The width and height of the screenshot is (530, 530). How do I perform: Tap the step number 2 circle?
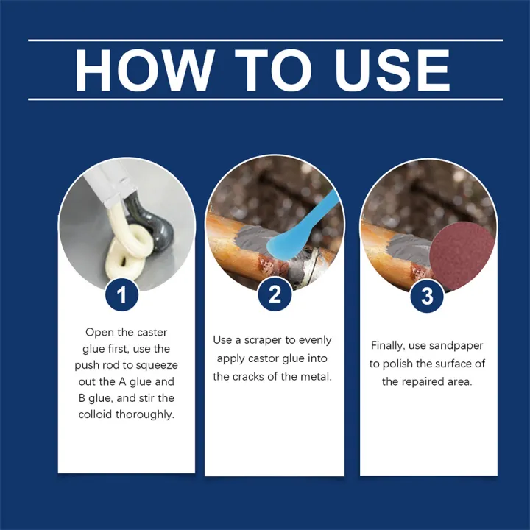click(x=275, y=296)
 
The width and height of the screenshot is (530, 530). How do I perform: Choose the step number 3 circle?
click(x=427, y=297)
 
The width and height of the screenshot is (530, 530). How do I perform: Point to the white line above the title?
click(x=266, y=40)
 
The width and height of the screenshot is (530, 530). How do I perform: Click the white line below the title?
click(x=266, y=99)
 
